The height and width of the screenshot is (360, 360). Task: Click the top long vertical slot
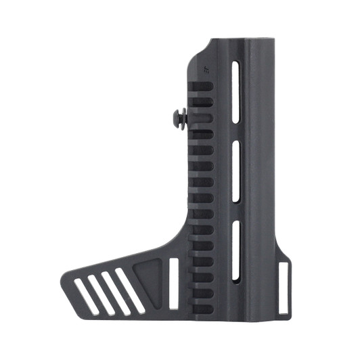click(235, 93)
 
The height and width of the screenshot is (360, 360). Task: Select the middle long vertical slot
click(235, 173)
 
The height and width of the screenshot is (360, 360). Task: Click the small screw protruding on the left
click(179, 119)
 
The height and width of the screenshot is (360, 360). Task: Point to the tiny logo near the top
click(206, 68)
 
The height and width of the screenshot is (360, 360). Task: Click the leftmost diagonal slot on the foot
click(86, 296)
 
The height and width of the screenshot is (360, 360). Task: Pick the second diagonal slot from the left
click(101, 295)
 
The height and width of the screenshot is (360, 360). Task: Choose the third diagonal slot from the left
click(116, 293)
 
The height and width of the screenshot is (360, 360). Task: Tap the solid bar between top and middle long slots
click(235, 133)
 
